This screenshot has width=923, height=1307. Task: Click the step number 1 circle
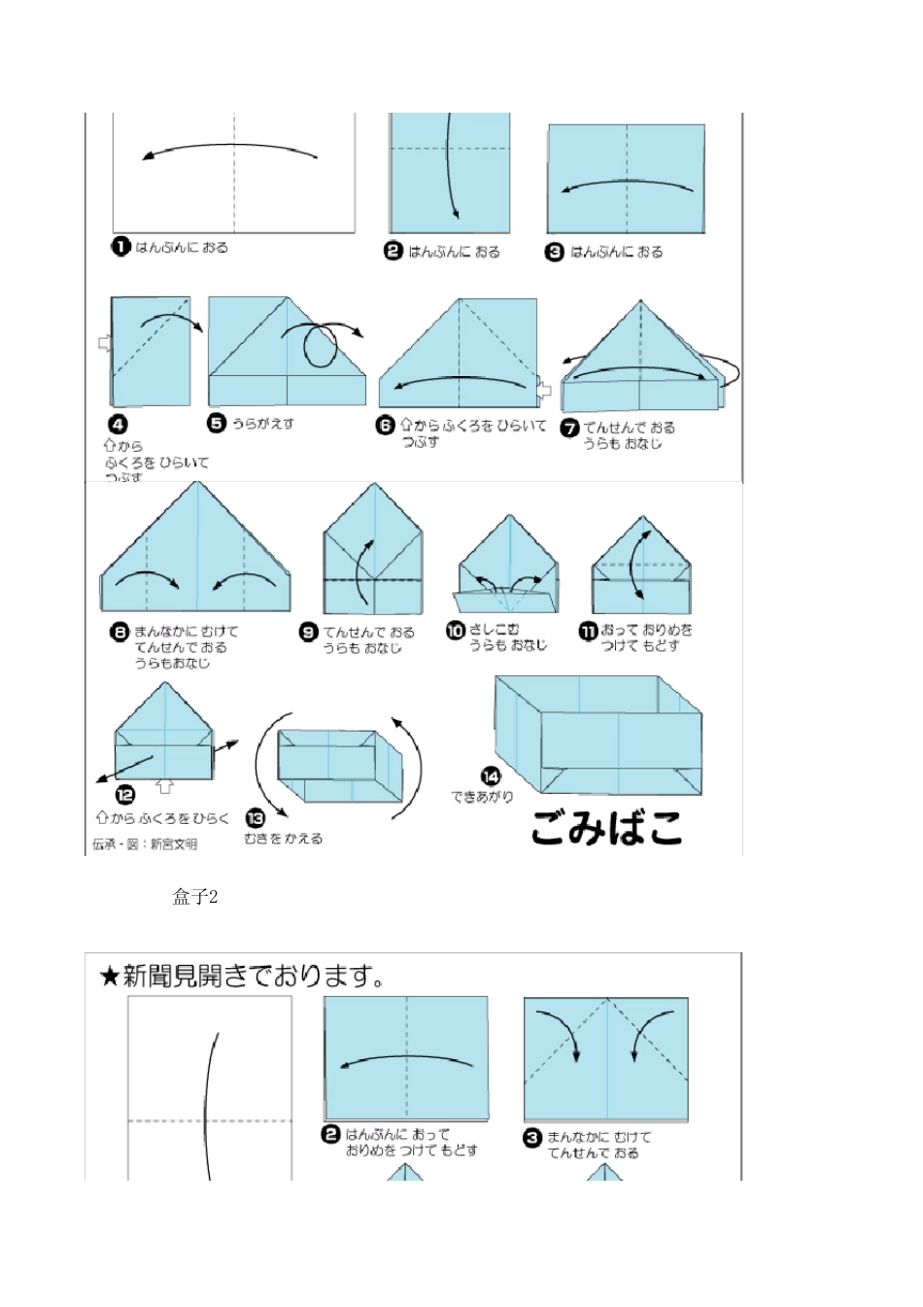(120, 247)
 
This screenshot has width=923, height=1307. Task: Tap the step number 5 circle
(217, 423)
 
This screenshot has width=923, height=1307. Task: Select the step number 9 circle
(308, 632)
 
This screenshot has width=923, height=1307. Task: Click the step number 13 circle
(256, 819)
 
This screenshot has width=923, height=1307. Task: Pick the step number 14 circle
(491, 775)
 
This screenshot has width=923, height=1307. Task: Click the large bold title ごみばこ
(606, 827)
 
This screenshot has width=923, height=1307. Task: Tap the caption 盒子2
(194, 897)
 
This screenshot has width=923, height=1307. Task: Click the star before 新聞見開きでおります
(109, 976)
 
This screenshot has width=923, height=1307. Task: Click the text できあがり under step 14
(482, 797)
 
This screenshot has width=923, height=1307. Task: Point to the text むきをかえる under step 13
(283, 839)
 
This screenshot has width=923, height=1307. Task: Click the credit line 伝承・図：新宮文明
(145, 844)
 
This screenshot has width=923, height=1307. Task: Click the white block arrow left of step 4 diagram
(105, 342)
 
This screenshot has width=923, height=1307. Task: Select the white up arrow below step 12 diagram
(165, 785)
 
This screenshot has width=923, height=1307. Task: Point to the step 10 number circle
(455, 631)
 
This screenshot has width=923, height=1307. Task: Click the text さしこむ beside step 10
(495, 630)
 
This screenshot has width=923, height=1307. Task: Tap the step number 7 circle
(570, 428)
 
